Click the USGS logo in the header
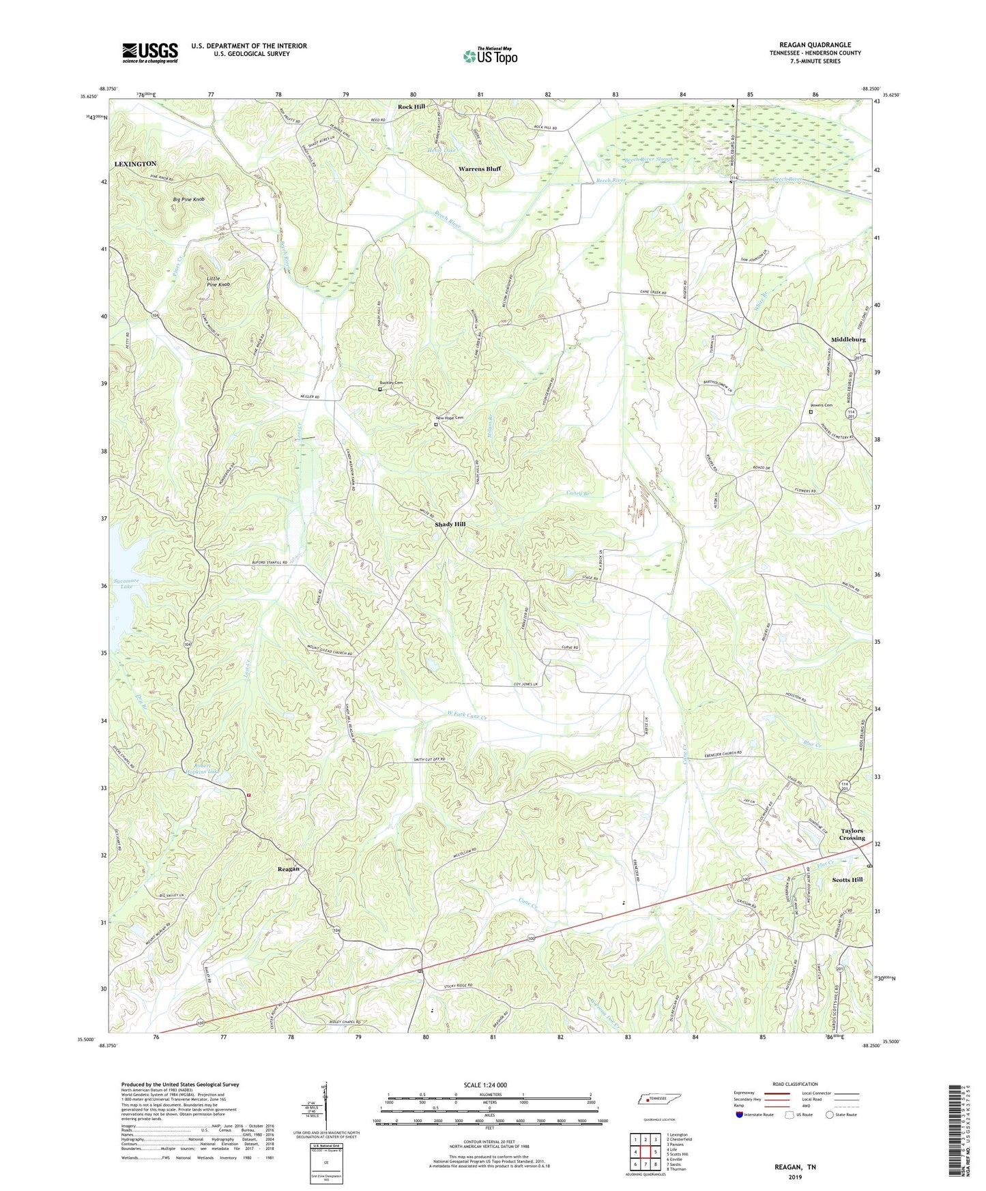click(150, 53)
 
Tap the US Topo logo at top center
click(489, 56)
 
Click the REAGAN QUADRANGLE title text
click(815, 45)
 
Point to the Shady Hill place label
click(450, 525)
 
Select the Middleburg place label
click(848, 339)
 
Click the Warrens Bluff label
click(480, 168)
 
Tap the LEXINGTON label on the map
click(135, 164)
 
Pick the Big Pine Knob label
click(188, 199)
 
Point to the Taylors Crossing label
click(852, 834)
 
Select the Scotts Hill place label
click(847, 880)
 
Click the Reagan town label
click(288, 869)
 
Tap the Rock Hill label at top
click(411, 107)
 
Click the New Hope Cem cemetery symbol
click(436, 424)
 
